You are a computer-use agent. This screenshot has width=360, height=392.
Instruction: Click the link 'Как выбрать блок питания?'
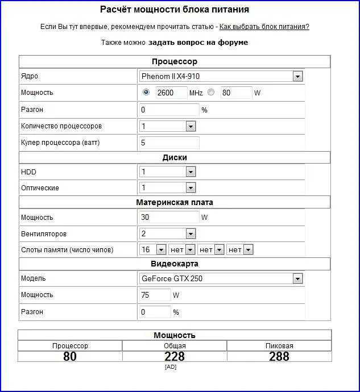point(264,27)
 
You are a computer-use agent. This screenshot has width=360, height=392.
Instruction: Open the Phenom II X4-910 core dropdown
point(221,76)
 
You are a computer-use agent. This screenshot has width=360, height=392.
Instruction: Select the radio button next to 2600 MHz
point(146,92)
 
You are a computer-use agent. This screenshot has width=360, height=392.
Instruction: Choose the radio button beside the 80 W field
point(211,92)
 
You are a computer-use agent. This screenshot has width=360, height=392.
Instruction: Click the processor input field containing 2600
point(171,93)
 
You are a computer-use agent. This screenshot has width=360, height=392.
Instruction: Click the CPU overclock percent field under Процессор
point(169,109)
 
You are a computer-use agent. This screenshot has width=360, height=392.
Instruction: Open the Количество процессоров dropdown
point(167,126)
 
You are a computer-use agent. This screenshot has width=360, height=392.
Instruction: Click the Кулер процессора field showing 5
point(169,143)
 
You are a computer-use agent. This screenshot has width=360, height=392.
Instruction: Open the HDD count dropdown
point(167,172)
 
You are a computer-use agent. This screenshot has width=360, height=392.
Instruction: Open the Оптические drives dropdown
point(167,187)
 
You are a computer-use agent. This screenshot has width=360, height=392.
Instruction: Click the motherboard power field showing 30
point(169,216)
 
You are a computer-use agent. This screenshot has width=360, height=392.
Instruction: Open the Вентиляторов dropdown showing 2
point(167,233)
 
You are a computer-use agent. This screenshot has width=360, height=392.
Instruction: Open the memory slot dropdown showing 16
point(152,249)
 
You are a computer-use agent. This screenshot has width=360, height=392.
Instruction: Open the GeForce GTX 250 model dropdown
point(221,278)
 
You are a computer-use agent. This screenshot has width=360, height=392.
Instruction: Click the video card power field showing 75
point(155,295)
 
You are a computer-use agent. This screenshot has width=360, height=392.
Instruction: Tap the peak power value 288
point(279,356)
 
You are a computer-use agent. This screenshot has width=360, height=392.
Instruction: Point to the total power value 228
point(175,356)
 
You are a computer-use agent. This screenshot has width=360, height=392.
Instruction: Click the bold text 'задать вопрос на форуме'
point(198,43)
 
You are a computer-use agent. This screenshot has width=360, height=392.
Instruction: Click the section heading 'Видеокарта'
point(175,264)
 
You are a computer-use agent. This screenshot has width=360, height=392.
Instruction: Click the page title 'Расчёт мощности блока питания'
point(175,10)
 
